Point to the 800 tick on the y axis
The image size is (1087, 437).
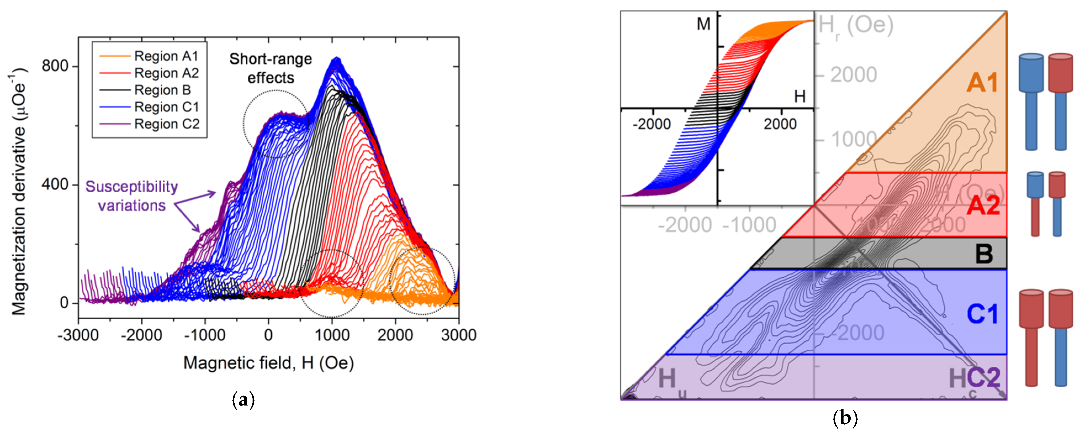(x=55, y=66)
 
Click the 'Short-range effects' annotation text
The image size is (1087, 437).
(x=271, y=69)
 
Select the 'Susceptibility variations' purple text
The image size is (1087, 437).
(x=132, y=196)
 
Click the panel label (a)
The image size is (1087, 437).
(x=243, y=399)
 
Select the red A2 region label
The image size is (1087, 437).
(x=983, y=206)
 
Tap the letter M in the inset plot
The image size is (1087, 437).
(x=703, y=24)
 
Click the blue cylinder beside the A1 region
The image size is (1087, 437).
(x=1031, y=101)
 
